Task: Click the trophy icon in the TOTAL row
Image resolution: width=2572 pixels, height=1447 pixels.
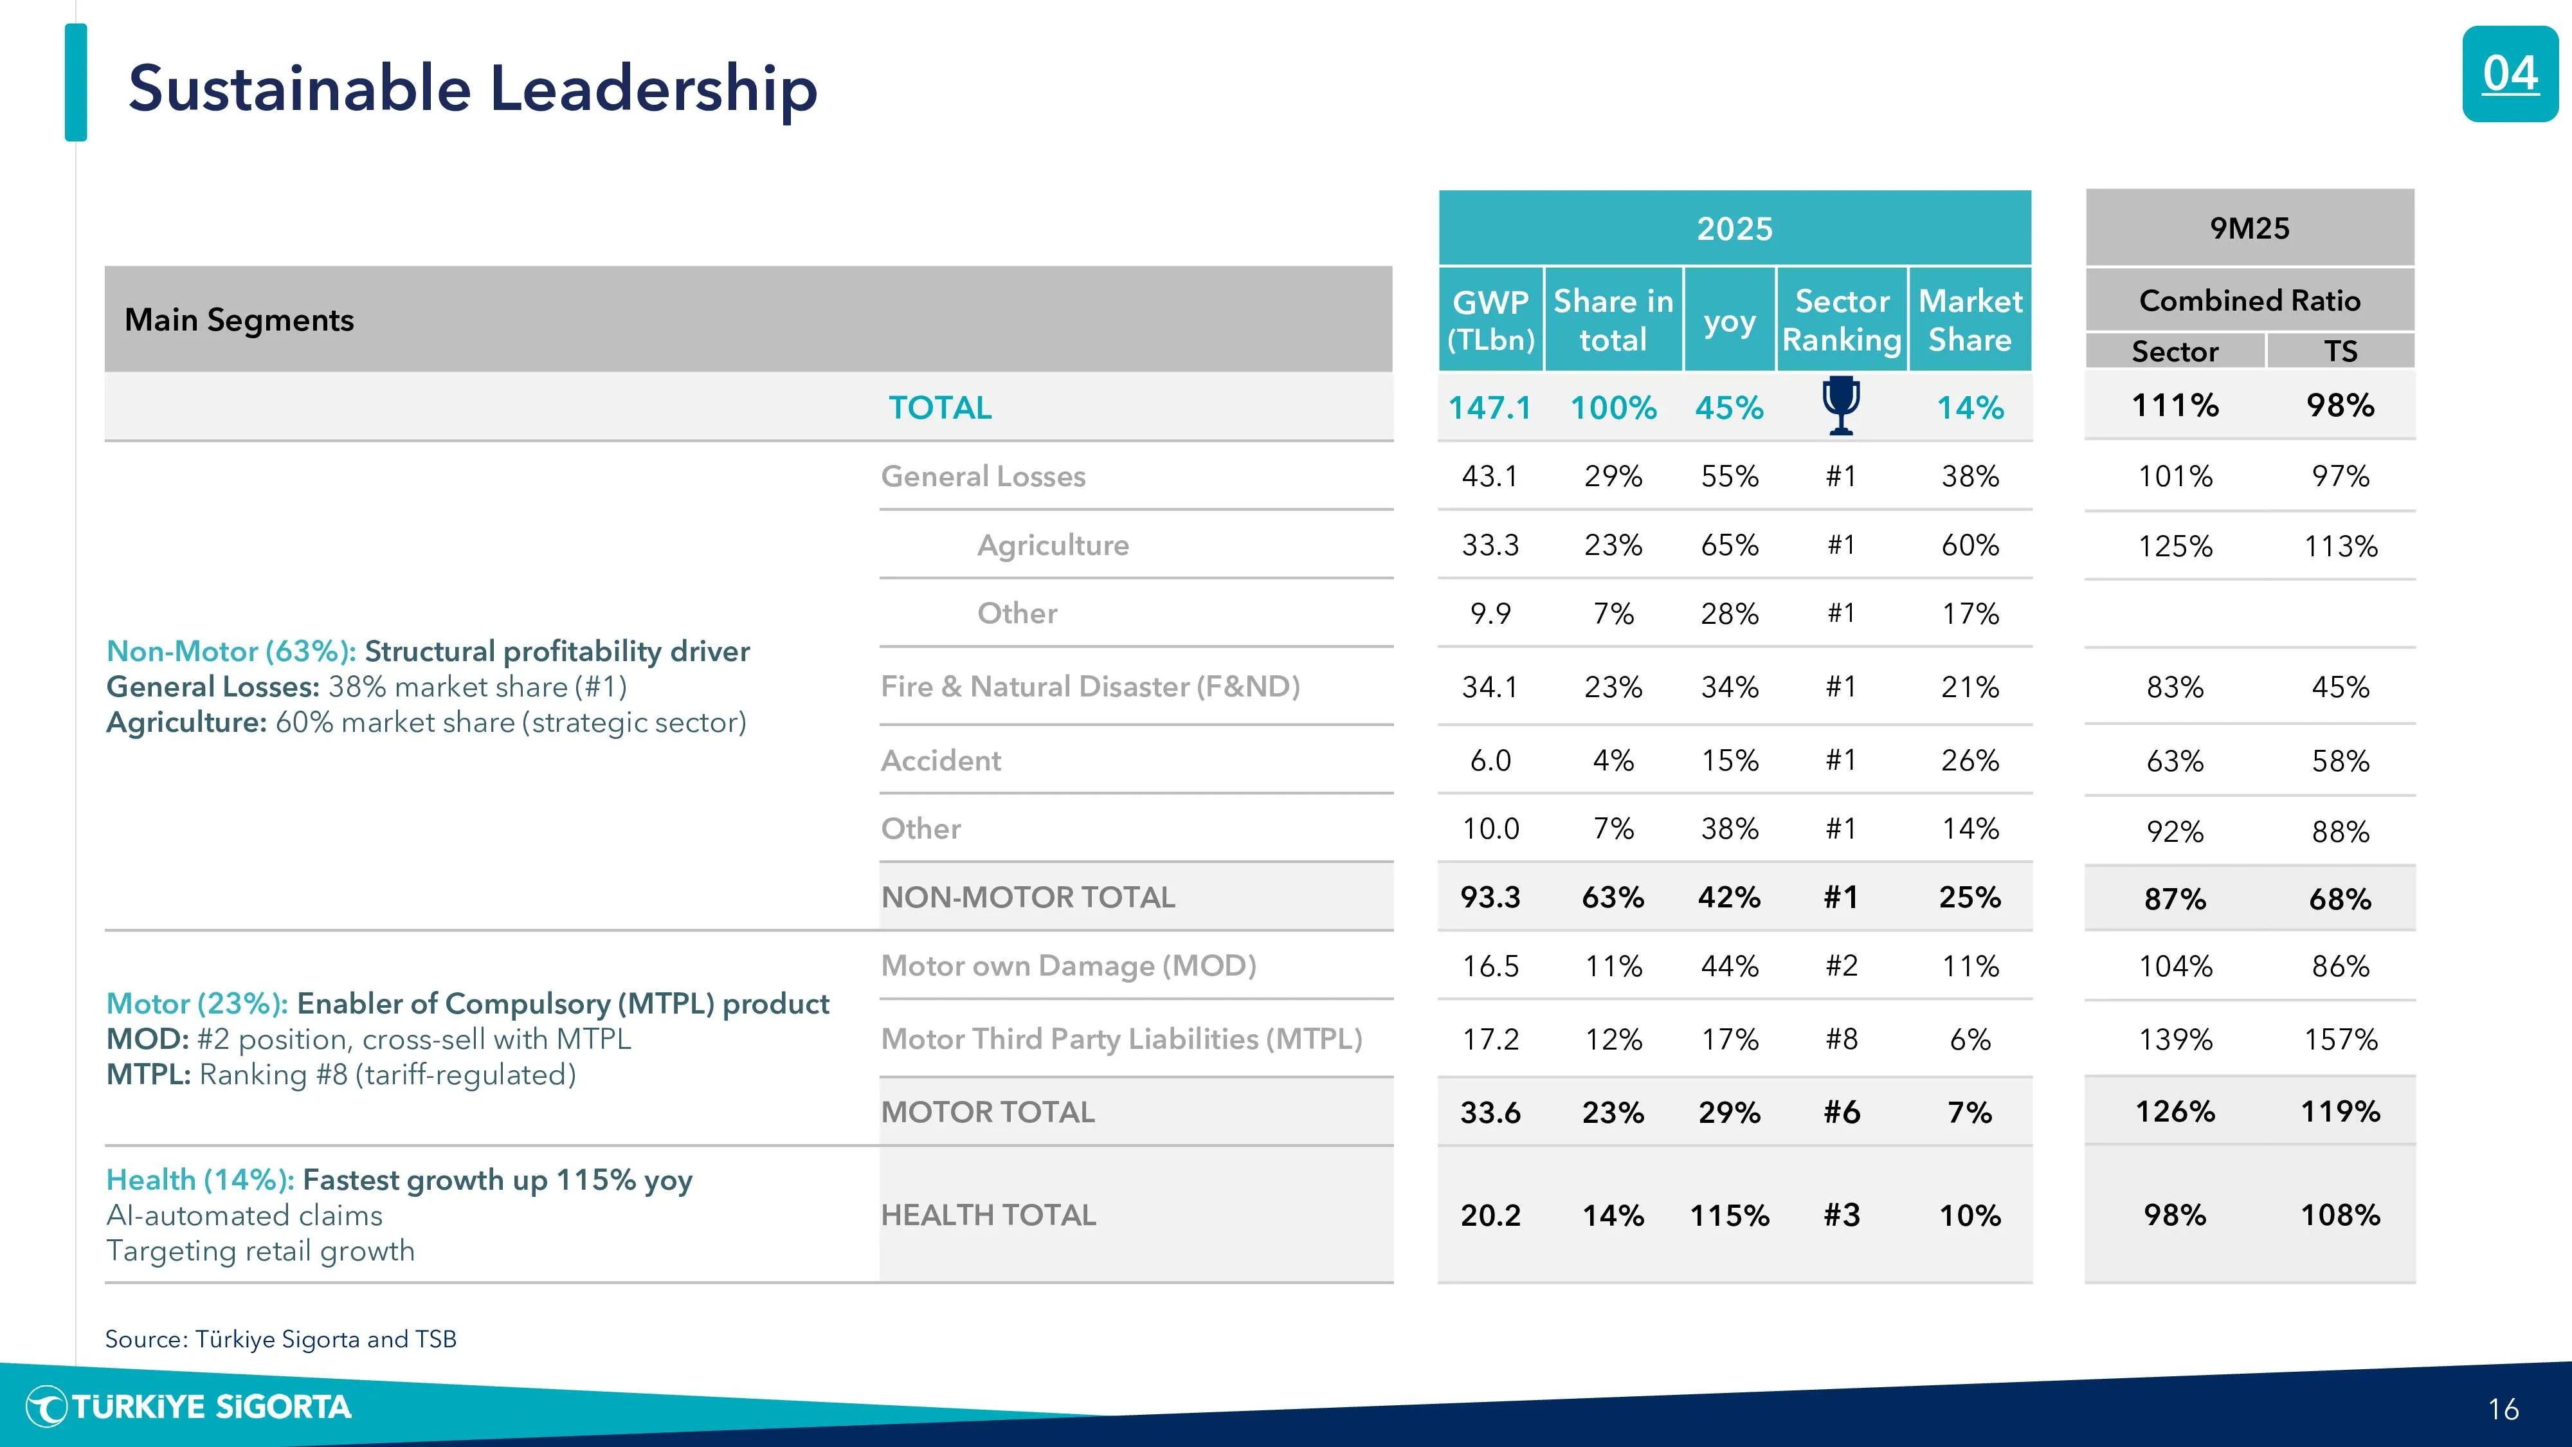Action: coord(1841,405)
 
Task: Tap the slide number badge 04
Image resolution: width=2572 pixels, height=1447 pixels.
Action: coord(2509,75)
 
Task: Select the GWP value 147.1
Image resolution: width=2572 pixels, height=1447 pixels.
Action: coord(1490,408)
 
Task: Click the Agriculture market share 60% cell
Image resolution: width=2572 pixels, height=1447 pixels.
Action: coord(1970,545)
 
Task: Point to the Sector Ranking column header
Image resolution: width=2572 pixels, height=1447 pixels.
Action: coord(1842,320)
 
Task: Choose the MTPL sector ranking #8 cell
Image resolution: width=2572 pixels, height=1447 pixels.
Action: coord(1842,1039)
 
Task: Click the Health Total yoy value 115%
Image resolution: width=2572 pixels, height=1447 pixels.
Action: coord(1729,1215)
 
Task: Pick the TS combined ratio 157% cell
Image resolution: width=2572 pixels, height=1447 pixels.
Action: coord(2341,1039)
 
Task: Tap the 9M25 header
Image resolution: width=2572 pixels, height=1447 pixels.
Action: coord(2249,229)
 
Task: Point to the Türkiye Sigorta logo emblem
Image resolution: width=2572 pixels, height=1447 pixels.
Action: coord(46,1407)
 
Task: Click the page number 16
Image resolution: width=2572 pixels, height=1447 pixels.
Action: coord(2503,1409)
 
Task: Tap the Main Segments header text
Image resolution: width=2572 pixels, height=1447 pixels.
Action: coord(240,320)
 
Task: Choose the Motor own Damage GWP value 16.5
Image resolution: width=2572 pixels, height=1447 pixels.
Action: coord(1490,967)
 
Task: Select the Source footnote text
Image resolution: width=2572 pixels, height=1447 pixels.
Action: coord(280,1339)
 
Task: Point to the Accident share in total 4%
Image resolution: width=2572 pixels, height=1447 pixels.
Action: coord(1613,761)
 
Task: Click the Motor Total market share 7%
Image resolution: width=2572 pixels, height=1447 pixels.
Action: coord(1970,1113)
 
